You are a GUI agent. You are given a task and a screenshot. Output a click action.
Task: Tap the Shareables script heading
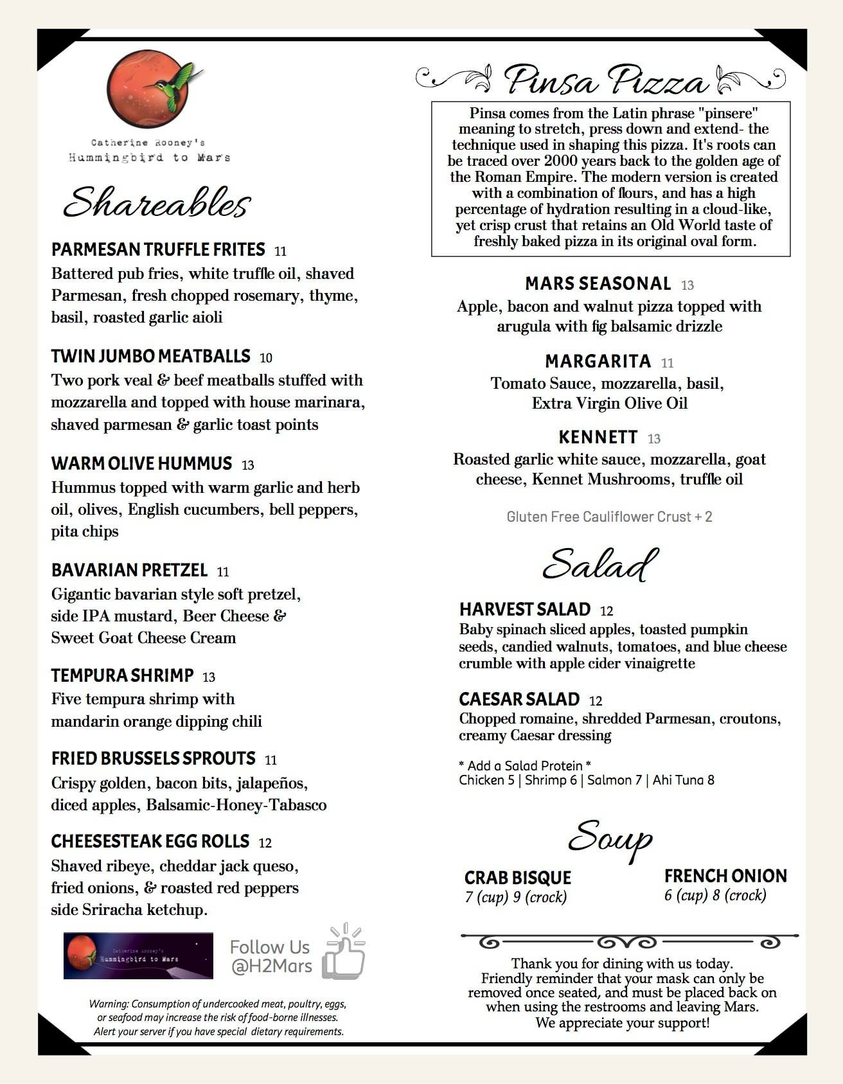(x=156, y=203)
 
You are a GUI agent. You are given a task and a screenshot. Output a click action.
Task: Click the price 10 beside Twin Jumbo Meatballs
(x=266, y=358)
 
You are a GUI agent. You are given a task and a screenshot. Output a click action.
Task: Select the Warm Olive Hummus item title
(x=141, y=463)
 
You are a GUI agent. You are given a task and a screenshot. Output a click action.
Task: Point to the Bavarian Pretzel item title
(x=129, y=570)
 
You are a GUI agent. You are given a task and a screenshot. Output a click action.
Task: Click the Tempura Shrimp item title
(x=122, y=675)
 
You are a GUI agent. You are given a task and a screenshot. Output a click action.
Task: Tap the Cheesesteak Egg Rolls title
(x=150, y=841)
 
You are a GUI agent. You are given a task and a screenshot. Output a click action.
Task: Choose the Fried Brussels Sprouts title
(x=153, y=758)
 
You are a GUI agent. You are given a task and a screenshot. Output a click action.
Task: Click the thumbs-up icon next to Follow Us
(x=344, y=952)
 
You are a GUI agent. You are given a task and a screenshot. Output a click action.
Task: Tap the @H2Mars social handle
(x=271, y=966)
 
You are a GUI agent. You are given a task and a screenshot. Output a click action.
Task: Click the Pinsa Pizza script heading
(x=606, y=81)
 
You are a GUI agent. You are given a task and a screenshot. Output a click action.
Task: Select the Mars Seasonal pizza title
(x=598, y=283)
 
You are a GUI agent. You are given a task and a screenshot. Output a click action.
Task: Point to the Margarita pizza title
(x=598, y=361)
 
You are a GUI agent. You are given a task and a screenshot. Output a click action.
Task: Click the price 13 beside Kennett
(x=654, y=439)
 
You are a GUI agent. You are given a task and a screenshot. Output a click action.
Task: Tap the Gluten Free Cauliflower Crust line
(x=609, y=517)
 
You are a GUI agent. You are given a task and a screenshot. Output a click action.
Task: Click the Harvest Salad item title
(x=524, y=609)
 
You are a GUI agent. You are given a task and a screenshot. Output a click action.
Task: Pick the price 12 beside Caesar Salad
(x=596, y=701)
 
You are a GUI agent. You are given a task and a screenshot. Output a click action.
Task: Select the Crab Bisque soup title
(x=517, y=878)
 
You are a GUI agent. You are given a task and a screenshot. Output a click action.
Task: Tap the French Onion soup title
(x=725, y=876)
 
